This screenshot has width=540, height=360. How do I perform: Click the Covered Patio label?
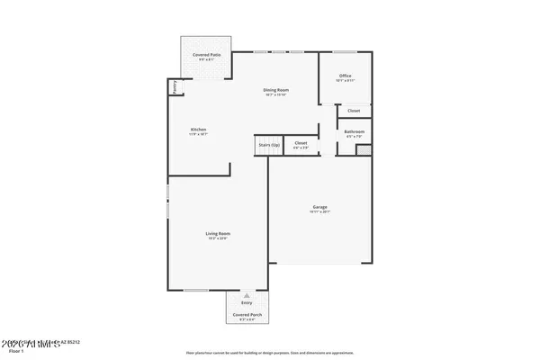pyautogui.click(x=202, y=55)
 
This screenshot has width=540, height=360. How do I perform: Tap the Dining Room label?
pyautogui.click(x=275, y=89)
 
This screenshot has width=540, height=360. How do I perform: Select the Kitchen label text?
pyautogui.click(x=199, y=130)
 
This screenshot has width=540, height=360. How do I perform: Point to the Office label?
pyautogui.click(x=345, y=75)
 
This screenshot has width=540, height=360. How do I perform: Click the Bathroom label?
pyautogui.click(x=354, y=131)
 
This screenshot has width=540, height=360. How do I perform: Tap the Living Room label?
pyautogui.click(x=217, y=233)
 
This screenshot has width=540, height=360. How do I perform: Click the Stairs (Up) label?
pyautogui.click(x=269, y=143)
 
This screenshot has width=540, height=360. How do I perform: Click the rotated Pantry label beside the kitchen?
pyautogui.click(x=175, y=87)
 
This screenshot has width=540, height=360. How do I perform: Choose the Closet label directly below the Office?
pyautogui.click(x=354, y=111)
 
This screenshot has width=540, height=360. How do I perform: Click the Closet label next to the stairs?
pyautogui.click(x=301, y=142)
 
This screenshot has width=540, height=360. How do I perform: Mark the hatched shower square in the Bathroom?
pyautogui.click(x=363, y=149)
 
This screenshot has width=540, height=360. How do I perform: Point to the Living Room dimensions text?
pyautogui.click(x=217, y=238)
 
